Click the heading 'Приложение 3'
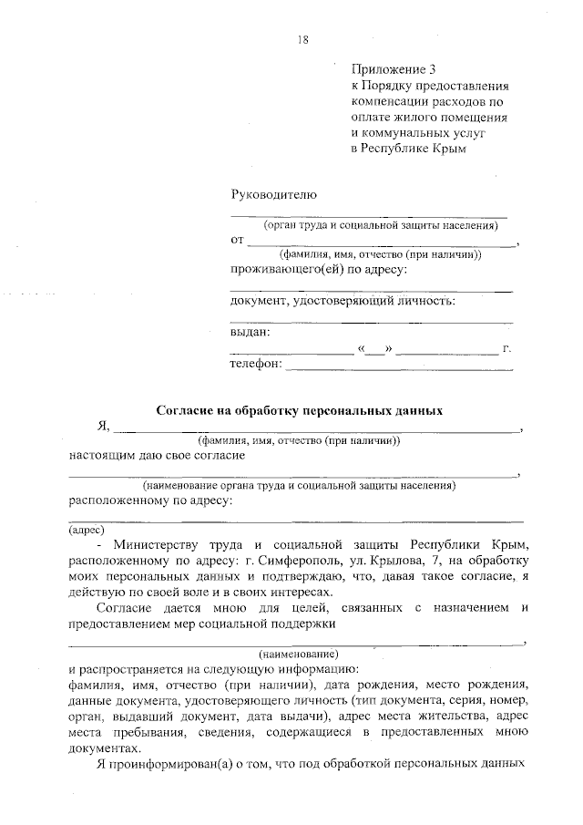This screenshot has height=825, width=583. pos(388,69)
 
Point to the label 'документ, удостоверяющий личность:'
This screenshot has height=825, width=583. pos(343,301)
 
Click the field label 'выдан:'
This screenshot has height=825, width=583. pos(251,333)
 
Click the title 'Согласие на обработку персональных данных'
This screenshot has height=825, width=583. pos(300,410)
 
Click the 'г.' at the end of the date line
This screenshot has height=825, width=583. pos(507,349)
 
